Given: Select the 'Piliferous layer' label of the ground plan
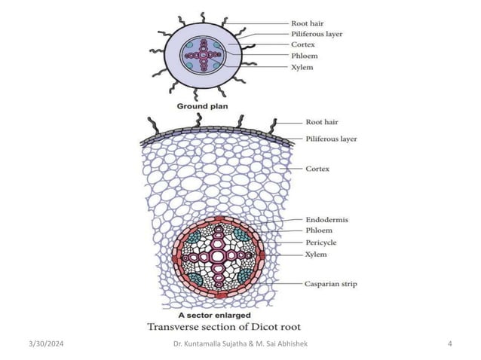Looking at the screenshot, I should [x=318, y=35].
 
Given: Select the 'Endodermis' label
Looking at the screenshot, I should [x=320, y=219].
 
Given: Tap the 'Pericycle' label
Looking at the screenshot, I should [x=317, y=243].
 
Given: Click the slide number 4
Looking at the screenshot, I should [x=449, y=344].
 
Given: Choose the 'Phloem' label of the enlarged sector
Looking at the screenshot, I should [x=311, y=230].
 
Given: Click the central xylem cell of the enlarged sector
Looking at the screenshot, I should [x=218, y=257].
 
